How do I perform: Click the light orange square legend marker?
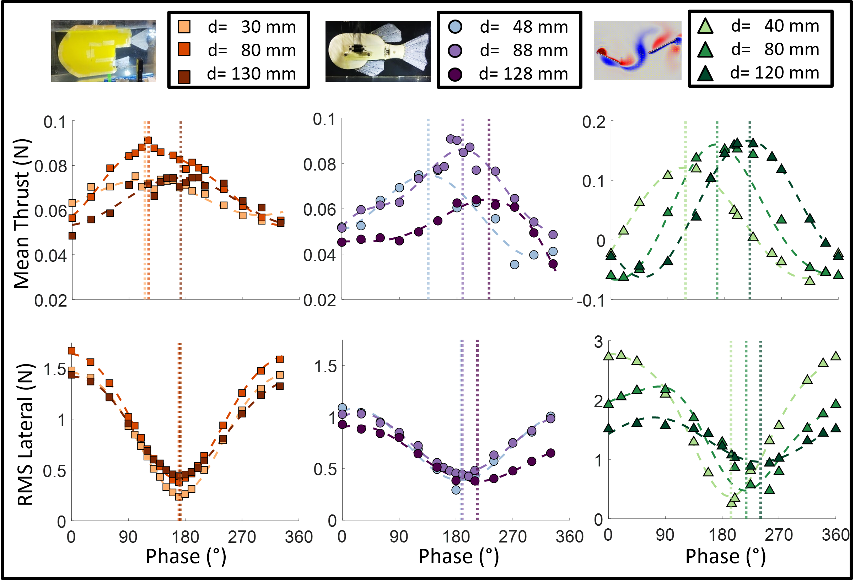[184, 27]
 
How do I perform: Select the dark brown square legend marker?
[184, 77]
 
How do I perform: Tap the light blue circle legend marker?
[455, 27]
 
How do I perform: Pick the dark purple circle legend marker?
[455, 75]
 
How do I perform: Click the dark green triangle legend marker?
[705, 75]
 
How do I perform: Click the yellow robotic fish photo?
[103, 51]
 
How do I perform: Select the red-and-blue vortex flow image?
[637, 50]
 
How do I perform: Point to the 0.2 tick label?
[594, 122]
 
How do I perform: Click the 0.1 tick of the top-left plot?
[54, 122]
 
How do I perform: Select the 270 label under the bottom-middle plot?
[513, 537]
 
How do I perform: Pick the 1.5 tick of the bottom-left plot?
[55, 369]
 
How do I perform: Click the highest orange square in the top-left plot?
[148, 141]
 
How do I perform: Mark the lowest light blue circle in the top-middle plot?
[515, 265]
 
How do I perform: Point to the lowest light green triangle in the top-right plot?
[810, 281]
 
